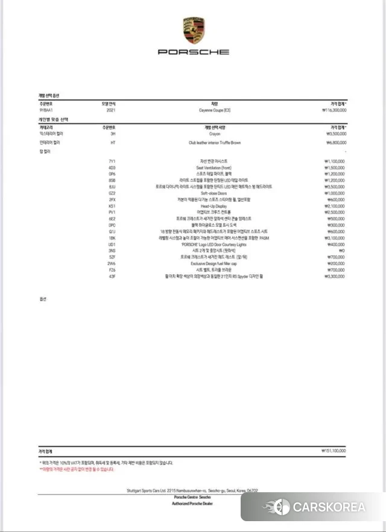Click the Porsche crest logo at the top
193,31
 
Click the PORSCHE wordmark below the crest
193,52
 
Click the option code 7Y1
112,161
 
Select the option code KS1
112,205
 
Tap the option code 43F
112,276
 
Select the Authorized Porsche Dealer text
192,502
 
